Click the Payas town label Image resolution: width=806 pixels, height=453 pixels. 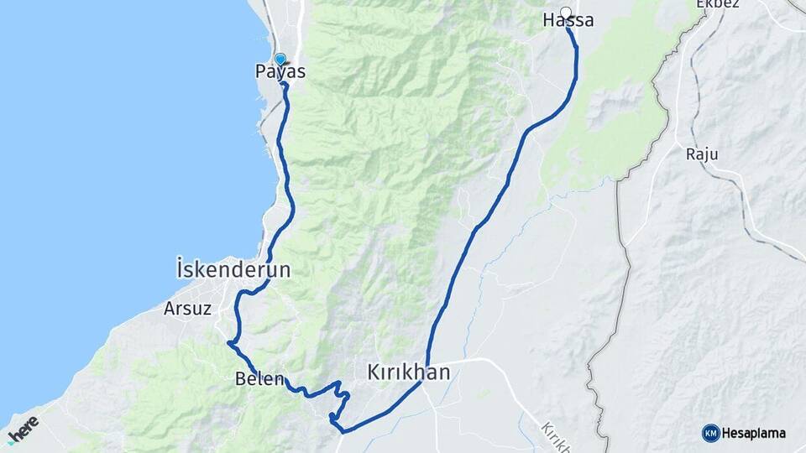(280, 73)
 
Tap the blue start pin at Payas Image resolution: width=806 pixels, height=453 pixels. (280, 60)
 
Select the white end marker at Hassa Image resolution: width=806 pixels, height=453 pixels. (567, 13)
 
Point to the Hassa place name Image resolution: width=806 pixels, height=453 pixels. (568, 21)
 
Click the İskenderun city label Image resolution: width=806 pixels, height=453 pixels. (234, 270)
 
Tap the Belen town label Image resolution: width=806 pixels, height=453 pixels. (260, 378)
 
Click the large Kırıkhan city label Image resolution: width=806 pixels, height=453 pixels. (409, 372)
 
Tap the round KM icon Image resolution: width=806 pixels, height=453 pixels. (710, 433)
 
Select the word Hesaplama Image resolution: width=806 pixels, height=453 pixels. (753, 434)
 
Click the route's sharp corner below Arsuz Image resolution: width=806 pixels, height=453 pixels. (228, 342)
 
